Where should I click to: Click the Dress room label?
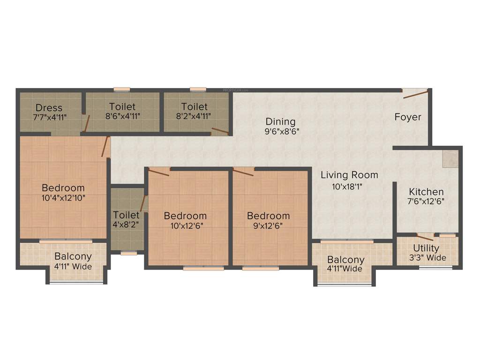pyautogui.click(x=49, y=108)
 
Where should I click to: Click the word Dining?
pyautogui.click(x=280, y=122)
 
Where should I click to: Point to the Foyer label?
pyautogui.click(x=407, y=117)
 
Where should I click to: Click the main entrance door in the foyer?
pyautogui.click(x=415, y=94)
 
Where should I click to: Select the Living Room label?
pyautogui.click(x=349, y=175)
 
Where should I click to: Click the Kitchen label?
pyautogui.click(x=426, y=192)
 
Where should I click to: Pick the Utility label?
pyautogui.click(x=426, y=248)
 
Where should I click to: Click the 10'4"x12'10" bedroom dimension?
pyautogui.click(x=63, y=198)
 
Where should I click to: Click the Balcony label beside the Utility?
pyautogui.click(x=346, y=260)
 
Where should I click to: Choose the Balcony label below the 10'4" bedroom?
pyautogui.click(x=73, y=257)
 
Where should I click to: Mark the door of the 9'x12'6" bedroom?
pyautogui.click(x=243, y=172)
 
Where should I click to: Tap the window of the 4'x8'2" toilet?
pyautogui.click(x=128, y=253)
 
